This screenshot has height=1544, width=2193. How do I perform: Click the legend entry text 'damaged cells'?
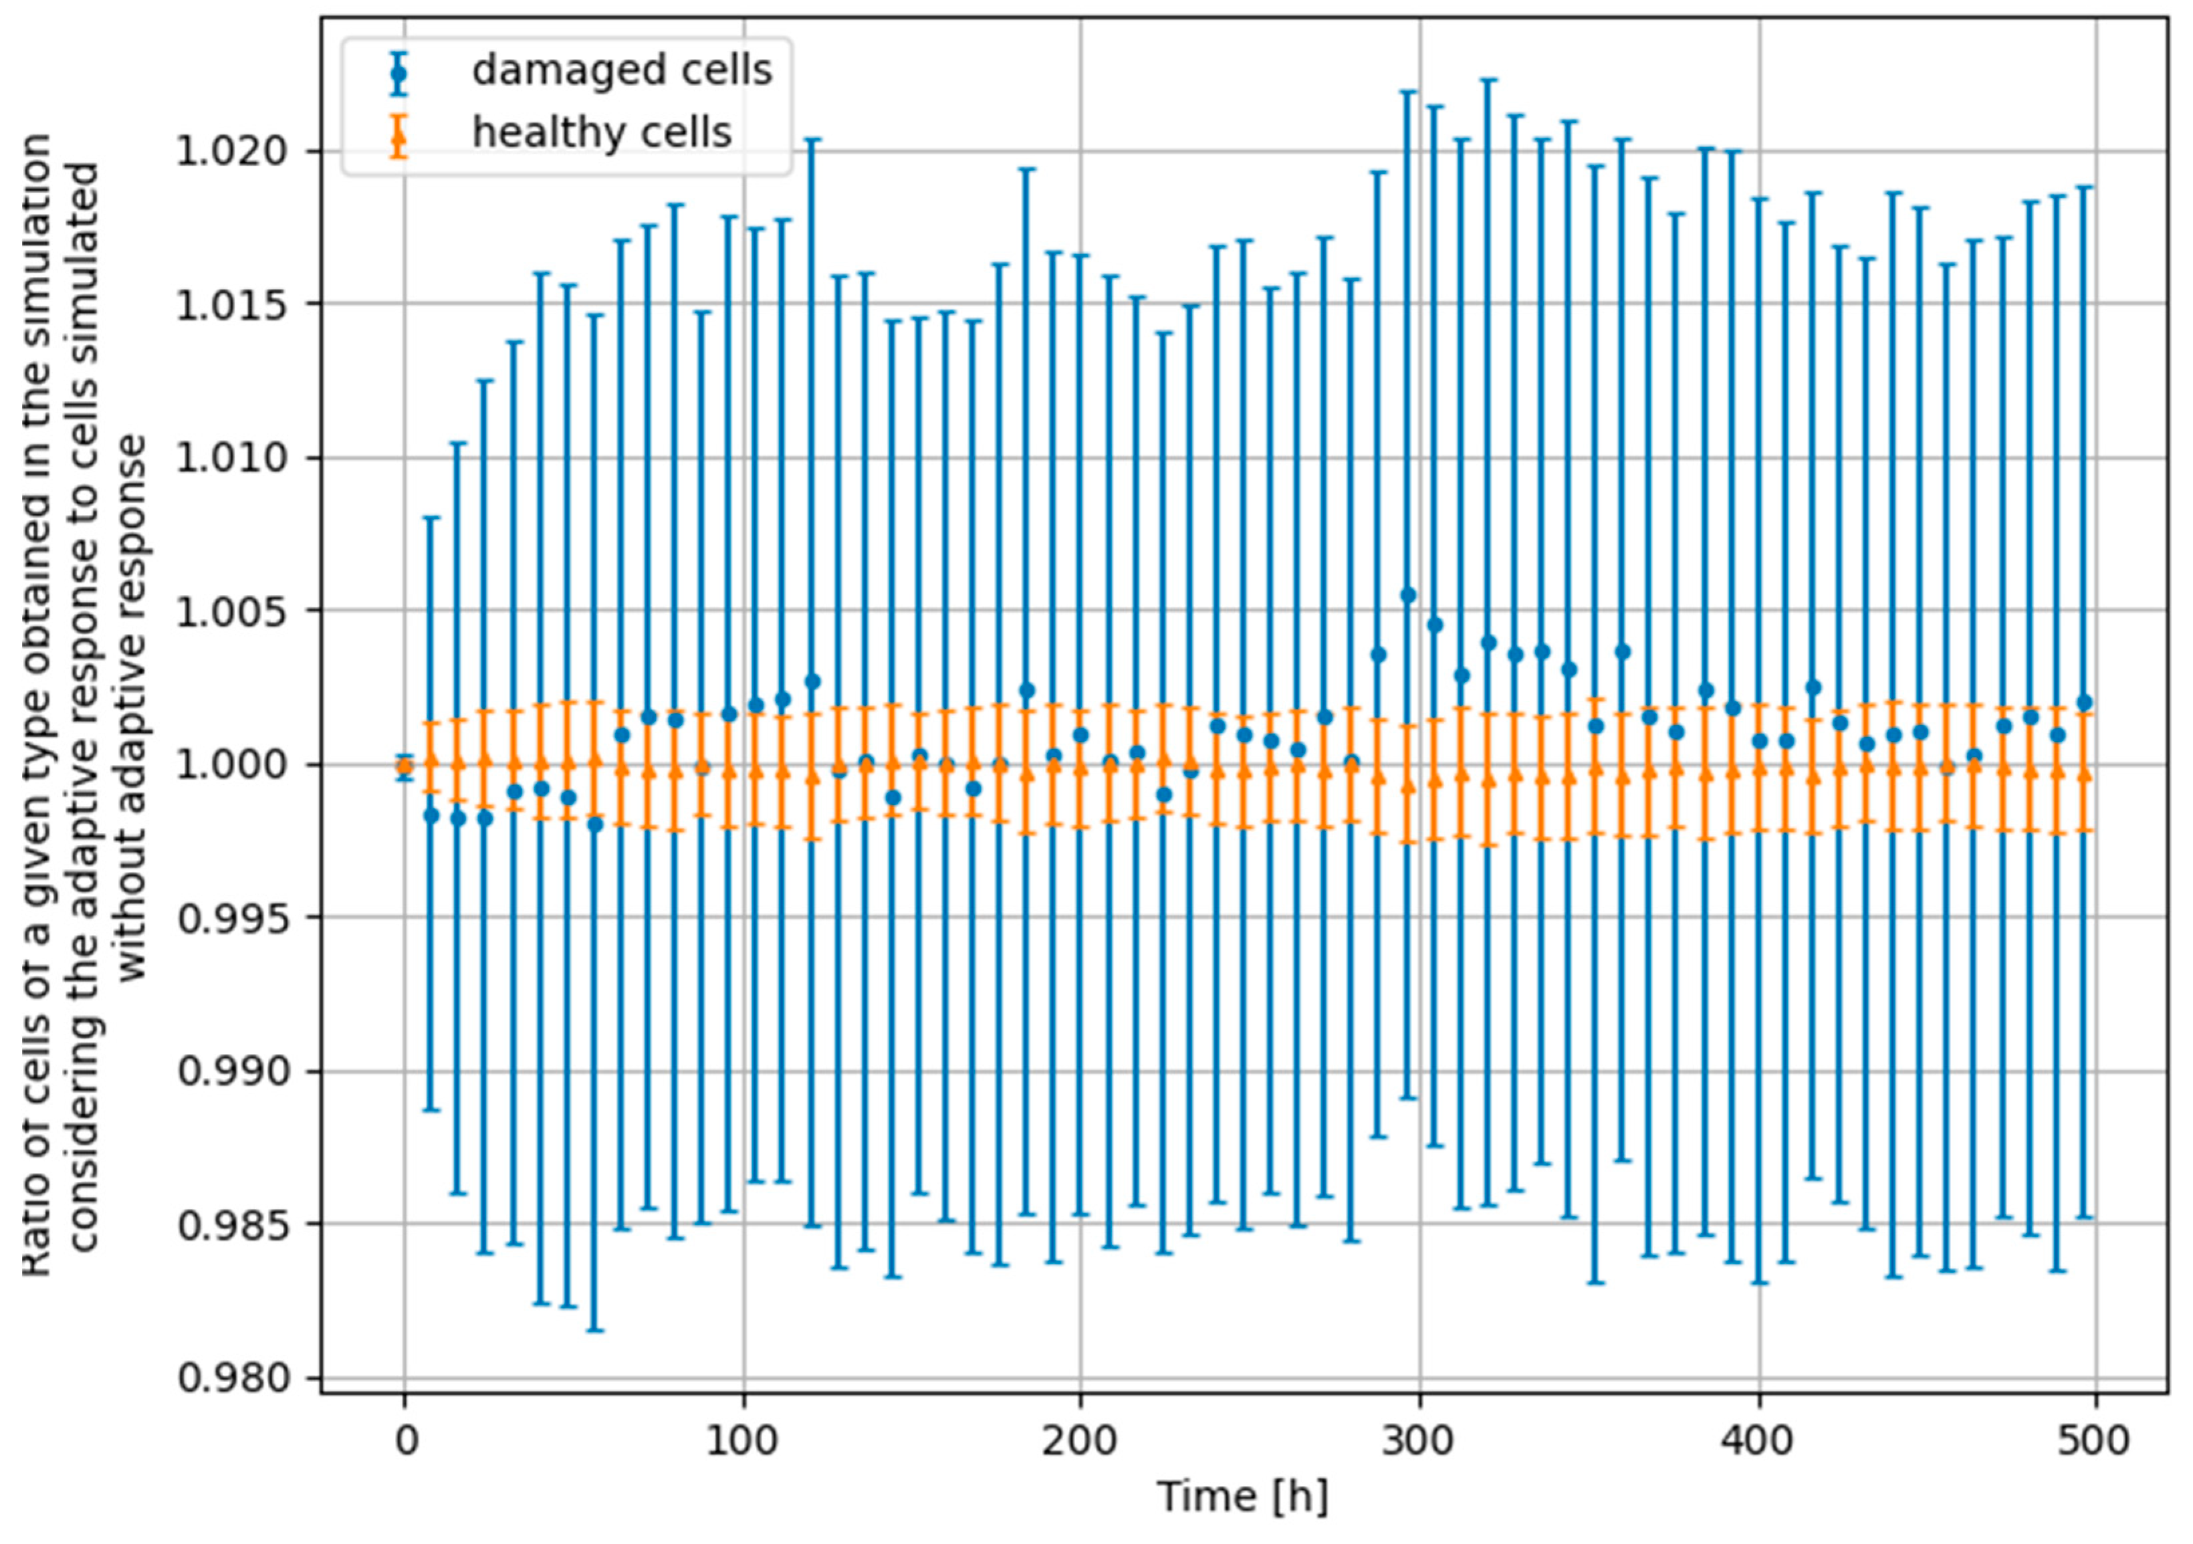click(x=622, y=71)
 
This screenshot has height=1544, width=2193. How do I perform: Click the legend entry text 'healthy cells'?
click(x=602, y=133)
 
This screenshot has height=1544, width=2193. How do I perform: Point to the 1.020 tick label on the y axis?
click(x=232, y=151)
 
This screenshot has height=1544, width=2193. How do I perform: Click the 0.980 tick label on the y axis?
click(x=232, y=1379)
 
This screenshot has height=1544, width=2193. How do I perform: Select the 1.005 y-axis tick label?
click(x=232, y=611)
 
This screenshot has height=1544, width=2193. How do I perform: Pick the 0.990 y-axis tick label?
click(x=232, y=1072)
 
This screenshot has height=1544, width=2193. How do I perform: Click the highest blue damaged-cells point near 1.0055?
click(x=1407, y=595)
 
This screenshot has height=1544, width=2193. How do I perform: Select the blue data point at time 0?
click(x=405, y=765)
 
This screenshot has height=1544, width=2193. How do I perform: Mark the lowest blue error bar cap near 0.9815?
click(x=595, y=1330)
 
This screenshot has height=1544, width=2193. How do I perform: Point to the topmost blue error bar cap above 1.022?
click(x=1488, y=80)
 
